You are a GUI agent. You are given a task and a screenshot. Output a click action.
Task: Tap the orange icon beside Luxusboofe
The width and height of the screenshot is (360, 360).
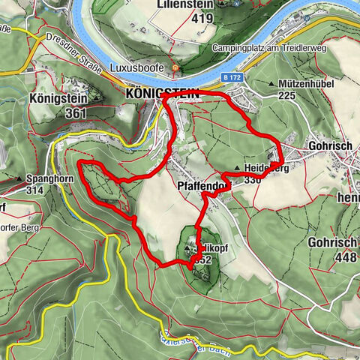pos(175,68)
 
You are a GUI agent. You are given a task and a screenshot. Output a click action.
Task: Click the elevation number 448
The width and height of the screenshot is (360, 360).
pos(335,255)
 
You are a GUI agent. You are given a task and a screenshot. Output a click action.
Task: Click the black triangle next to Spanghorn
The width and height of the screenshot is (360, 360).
pos(18,180)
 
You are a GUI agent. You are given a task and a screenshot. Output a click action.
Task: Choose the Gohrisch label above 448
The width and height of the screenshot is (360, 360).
pos(331,242)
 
